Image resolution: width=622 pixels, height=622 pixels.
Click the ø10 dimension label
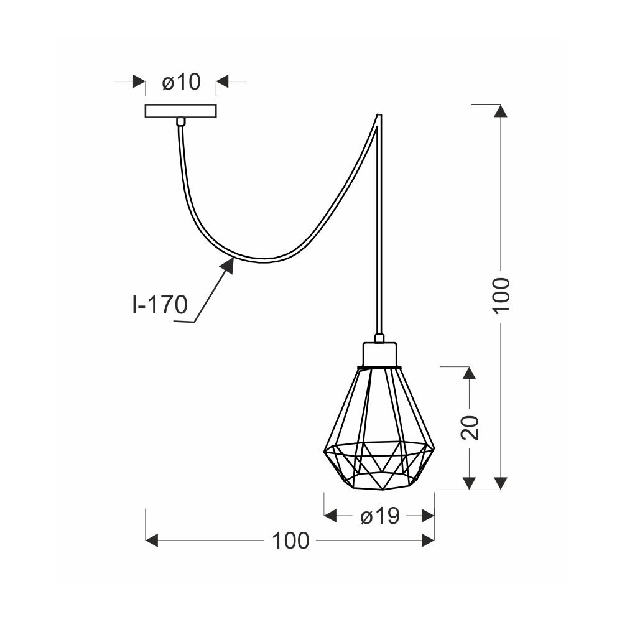coord(181,82)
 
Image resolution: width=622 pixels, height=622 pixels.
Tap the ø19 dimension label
coord(379,516)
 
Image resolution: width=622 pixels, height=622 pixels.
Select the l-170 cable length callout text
coord(159,305)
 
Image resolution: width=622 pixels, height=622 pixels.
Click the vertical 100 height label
coord(501,295)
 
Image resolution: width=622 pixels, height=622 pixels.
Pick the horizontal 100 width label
coord(290,541)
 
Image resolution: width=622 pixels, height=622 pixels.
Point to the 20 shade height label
coord(470,428)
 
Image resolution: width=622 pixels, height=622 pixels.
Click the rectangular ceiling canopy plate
coord(181,111)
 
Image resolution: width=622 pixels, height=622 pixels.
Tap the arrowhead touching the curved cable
coord(227,264)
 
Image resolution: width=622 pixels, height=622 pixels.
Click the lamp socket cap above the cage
coord(379,355)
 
